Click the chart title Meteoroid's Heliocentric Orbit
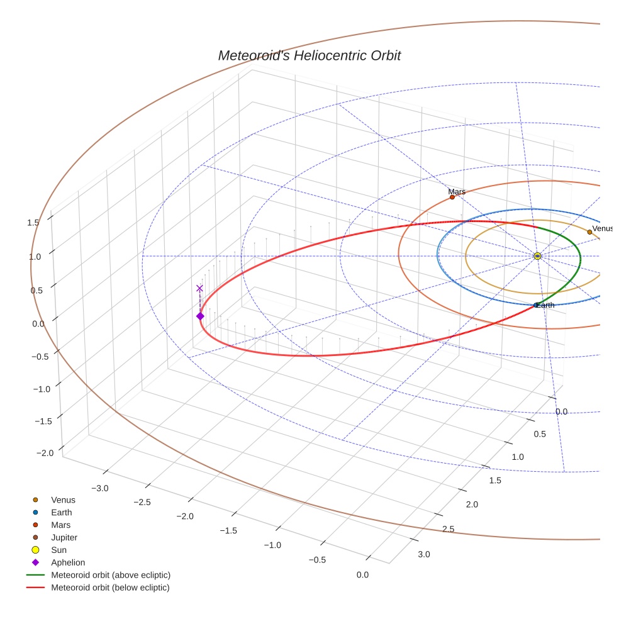(309, 55)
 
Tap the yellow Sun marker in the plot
(537, 256)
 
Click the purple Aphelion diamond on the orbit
(200, 316)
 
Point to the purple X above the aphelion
(200, 288)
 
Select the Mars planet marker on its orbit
(452, 197)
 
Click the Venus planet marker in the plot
(589, 232)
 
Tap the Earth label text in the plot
(546, 305)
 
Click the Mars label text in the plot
(457, 191)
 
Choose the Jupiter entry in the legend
(64, 537)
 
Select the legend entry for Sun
(59, 550)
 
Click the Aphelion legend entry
(68, 562)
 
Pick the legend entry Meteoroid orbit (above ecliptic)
(111, 575)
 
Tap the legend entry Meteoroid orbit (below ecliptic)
(110, 588)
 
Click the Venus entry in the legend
(63, 499)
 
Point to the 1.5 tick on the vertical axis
(33, 222)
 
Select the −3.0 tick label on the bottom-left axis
(99, 488)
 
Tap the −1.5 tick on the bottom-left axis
(228, 530)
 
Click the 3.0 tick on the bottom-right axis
(423, 554)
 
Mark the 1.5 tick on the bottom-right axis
(496, 481)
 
